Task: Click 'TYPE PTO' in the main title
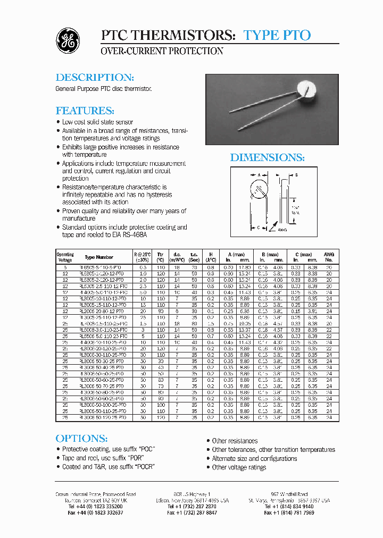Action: (277, 35)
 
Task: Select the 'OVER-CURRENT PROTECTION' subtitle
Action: (162, 52)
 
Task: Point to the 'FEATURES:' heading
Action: (85, 111)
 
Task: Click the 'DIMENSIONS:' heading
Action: (267, 157)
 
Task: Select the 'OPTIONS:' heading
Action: (81, 438)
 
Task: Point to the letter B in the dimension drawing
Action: (296, 175)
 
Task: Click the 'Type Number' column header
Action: (99, 257)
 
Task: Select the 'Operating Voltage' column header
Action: (65, 257)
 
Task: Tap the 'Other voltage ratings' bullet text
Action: (239, 467)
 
